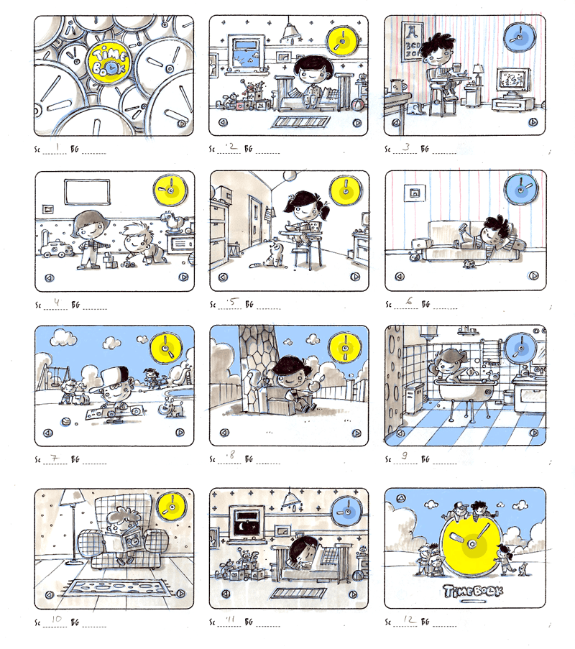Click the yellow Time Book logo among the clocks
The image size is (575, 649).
[109, 60]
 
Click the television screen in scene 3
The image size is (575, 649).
[510, 81]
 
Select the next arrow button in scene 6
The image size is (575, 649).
[533, 275]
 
